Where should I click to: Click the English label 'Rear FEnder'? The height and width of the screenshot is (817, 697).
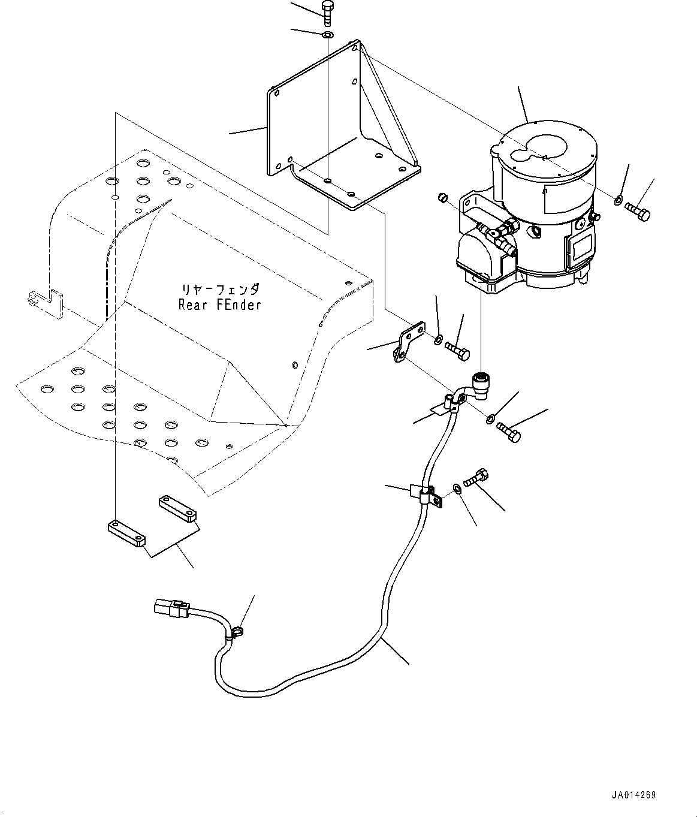220,305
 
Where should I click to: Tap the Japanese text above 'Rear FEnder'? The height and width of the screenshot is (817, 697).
221,290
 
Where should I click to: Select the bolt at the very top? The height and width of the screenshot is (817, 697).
327,13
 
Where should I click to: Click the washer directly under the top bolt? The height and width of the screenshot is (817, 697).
328,35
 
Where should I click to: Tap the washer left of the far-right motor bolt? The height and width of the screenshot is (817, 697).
618,200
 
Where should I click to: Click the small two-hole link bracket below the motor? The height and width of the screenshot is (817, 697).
409,342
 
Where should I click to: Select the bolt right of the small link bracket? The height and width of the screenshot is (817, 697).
457,351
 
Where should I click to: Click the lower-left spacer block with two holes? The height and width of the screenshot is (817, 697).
126,533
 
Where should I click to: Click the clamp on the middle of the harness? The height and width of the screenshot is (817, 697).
427,495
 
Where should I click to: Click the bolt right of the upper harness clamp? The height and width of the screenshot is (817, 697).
509,431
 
